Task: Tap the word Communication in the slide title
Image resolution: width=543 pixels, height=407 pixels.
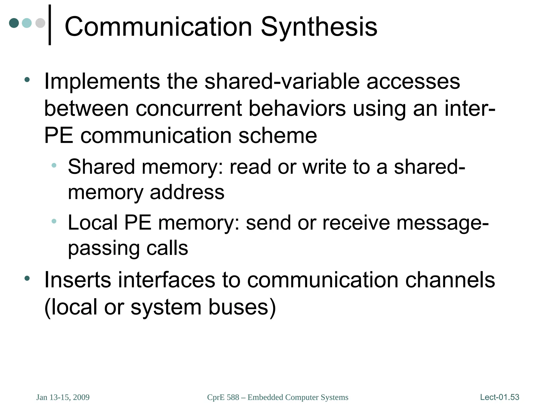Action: (158, 27)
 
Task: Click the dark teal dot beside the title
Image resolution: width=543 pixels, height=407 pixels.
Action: (14, 23)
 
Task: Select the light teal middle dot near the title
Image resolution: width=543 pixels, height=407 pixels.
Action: (27, 23)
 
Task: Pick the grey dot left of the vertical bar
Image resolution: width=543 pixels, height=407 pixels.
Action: (40, 23)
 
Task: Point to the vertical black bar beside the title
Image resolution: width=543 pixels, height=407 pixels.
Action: (50, 25)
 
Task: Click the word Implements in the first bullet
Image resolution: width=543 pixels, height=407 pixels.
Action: (102, 81)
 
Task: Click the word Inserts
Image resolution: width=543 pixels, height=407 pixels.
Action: (78, 280)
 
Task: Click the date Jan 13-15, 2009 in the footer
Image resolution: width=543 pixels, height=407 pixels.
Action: (63, 397)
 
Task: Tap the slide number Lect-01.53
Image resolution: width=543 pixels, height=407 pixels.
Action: (500, 397)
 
